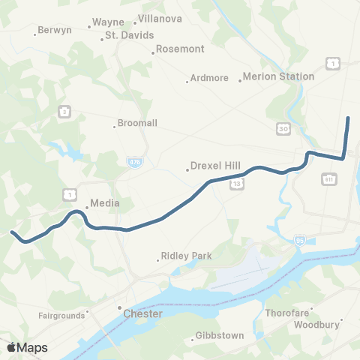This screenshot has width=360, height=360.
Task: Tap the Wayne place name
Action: click(x=108, y=22)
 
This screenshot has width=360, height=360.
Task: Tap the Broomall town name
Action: click(x=136, y=125)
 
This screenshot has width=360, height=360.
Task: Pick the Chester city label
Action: click(x=142, y=313)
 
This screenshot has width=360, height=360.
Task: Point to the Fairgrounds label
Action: click(x=63, y=316)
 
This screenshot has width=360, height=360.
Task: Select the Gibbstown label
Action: click(x=219, y=335)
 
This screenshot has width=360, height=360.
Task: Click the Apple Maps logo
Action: click(x=27, y=347)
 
